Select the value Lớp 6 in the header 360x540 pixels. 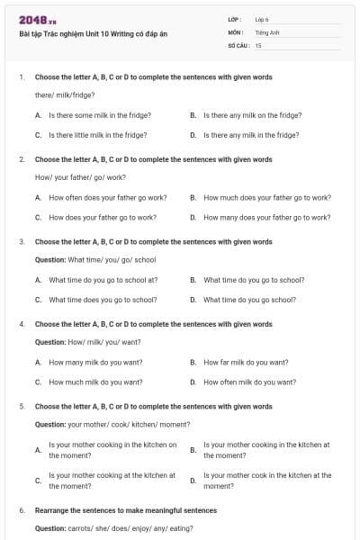(x=261, y=19)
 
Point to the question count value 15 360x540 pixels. (x=258, y=44)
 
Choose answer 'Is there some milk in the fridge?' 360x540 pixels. (x=99, y=115)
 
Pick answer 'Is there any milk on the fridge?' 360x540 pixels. (x=252, y=115)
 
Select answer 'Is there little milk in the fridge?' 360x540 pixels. (x=97, y=135)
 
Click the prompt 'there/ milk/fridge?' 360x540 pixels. (x=65, y=94)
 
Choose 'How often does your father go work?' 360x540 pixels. (x=107, y=197)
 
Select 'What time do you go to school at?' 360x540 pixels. (x=103, y=280)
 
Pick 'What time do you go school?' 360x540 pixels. (x=249, y=300)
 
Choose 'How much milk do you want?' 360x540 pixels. (x=95, y=382)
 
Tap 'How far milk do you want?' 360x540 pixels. (x=246, y=362)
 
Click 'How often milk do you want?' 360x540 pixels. (x=249, y=382)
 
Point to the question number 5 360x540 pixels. (x=22, y=407)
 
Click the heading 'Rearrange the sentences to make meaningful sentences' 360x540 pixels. (x=126, y=510)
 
